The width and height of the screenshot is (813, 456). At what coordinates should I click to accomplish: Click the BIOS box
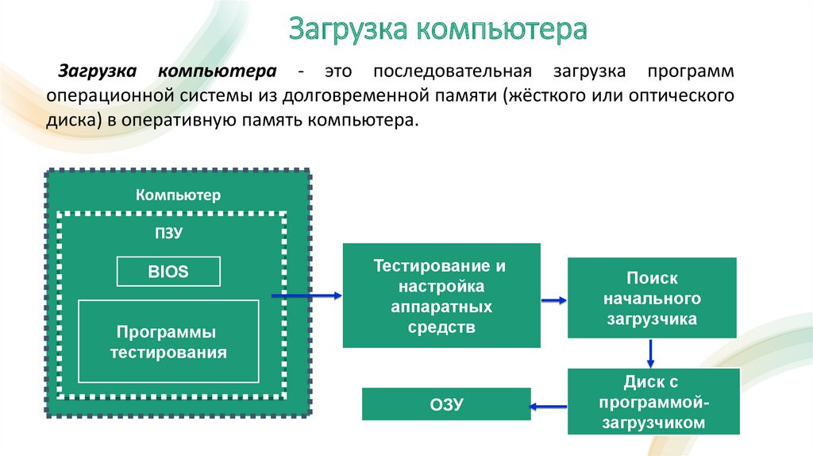point(168,272)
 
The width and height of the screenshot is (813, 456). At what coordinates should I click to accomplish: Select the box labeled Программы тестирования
point(168,342)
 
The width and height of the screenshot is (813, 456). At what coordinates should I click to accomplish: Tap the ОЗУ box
point(446,404)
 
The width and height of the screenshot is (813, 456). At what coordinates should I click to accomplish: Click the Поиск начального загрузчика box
point(652,298)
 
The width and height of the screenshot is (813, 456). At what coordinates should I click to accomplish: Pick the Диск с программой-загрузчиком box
point(653,401)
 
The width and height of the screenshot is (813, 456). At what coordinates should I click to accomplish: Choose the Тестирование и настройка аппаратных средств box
point(441,296)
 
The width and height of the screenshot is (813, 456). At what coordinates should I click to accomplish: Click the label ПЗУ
point(168,233)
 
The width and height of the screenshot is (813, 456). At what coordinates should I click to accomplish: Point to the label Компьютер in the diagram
point(178,195)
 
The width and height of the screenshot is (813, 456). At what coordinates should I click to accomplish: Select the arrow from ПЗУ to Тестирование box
point(306,296)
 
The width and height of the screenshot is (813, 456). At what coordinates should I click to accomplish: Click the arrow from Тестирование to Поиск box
point(553,300)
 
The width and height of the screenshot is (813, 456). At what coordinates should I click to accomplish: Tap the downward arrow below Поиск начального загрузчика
point(651,354)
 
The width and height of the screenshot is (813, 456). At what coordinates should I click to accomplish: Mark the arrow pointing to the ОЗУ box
point(548,406)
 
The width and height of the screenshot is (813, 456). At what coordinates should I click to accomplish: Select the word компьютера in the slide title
point(502,29)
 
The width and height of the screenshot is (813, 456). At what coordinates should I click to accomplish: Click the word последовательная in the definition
point(452,71)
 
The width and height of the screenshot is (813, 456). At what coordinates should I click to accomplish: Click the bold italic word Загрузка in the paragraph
point(97,71)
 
